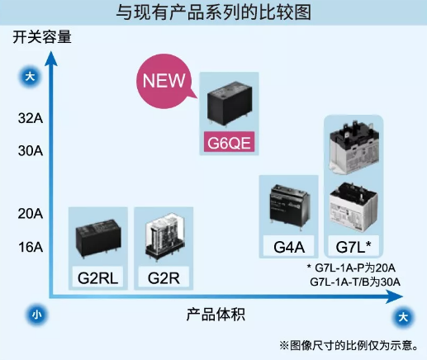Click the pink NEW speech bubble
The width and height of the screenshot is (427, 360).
click(164, 81)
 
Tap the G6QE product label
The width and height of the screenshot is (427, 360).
click(229, 143)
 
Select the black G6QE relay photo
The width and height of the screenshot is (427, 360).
click(230, 103)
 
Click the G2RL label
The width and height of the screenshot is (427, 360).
click(98, 278)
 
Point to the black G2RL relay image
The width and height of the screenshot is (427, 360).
click(98, 238)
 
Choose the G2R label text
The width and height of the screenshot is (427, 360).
click(164, 278)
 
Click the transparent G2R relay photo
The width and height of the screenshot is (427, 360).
click(165, 236)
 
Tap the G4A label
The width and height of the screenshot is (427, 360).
click(289, 247)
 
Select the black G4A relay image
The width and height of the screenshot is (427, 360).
click(290, 205)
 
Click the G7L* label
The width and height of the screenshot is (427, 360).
click(353, 247)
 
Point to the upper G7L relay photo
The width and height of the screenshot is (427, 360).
click(354, 149)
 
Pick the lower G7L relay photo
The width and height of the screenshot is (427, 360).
click(353, 207)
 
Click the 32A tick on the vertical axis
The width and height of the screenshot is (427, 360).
click(31, 118)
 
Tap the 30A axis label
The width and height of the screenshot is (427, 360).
click(31, 151)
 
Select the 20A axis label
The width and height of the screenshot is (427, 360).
click(31, 214)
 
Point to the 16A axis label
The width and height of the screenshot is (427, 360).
click(31, 247)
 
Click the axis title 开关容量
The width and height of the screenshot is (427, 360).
click(42, 37)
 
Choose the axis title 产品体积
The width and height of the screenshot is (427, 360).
click(216, 315)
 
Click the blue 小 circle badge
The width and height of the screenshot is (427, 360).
click(36, 315)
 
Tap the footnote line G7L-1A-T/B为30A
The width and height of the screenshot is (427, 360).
click(355, 282)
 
